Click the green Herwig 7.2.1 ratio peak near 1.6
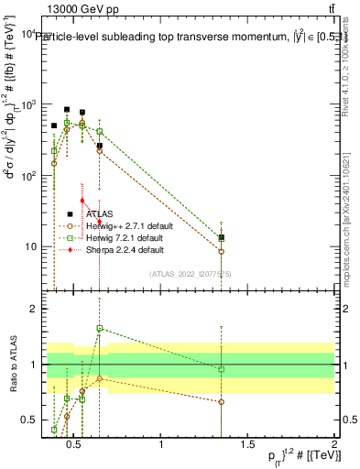click(x=100, y=328)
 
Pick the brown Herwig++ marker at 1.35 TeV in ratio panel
click(x=222, y=402)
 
